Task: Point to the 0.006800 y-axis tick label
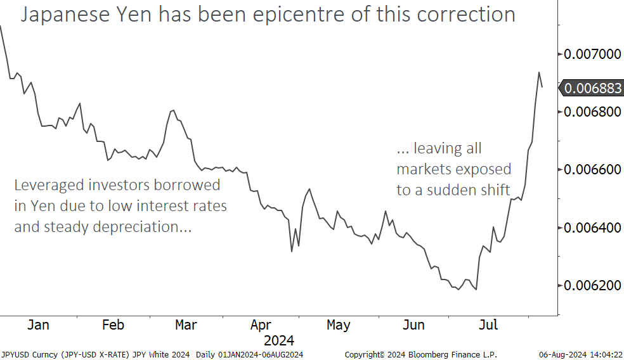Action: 594,112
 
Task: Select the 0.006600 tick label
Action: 594,169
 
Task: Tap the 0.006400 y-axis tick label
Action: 594,227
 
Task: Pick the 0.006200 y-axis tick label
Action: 594,285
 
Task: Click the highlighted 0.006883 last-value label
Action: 593,89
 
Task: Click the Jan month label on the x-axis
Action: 38,325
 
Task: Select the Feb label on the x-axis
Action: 113,325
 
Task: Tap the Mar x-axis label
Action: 186,325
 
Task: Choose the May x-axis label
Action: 338,325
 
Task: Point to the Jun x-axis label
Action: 413,325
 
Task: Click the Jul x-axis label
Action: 488,325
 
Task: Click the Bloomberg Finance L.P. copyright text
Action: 452,354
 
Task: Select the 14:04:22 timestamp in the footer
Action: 604,354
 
